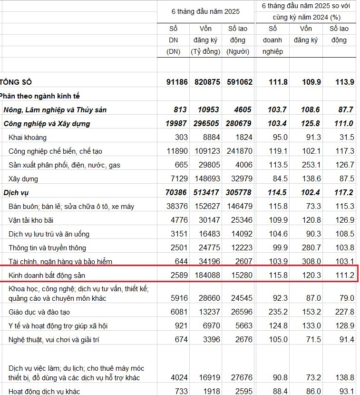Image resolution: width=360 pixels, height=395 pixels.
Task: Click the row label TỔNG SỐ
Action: pos(17,82)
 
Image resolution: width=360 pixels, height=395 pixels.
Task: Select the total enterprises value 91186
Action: pos(176,82)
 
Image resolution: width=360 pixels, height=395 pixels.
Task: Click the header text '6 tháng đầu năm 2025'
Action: pos(206,11)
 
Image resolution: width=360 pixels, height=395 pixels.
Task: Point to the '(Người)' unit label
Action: pos(238,52)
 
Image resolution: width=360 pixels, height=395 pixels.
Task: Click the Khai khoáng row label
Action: pos(28,138)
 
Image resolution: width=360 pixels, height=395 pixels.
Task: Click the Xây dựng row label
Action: pos(23,179)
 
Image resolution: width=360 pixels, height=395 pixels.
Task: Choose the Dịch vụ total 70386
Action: pos(176,193)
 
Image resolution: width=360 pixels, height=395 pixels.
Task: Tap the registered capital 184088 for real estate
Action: pos(207,276)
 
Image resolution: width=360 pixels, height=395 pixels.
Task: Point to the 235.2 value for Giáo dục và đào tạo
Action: pos(278,312)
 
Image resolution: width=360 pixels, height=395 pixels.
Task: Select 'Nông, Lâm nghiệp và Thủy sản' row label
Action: pos(55,110)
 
